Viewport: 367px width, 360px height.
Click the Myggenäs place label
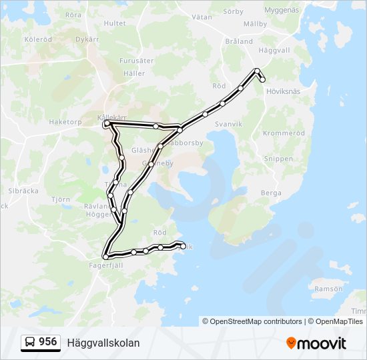(282, 11)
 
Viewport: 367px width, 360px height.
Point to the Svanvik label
(229, 124)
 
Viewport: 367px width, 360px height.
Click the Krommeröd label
(284, 133)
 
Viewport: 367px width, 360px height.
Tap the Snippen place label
(278, 159)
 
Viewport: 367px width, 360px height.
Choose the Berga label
(271, 192)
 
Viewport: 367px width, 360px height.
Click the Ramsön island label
(328, 289)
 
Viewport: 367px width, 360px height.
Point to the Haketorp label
(65, 122)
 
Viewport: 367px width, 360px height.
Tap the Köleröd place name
(38, 39)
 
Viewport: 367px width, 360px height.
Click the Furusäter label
(136, 60)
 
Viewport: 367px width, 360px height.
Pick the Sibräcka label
(23, 190)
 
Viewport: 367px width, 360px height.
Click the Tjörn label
(60, 199)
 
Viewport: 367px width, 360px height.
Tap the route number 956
(47, 342)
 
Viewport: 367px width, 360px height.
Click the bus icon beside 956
(31, 343)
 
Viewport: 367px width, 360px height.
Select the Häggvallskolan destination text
(103, 343)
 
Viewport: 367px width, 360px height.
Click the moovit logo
(316, 343)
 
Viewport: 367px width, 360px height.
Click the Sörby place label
(233, 11)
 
